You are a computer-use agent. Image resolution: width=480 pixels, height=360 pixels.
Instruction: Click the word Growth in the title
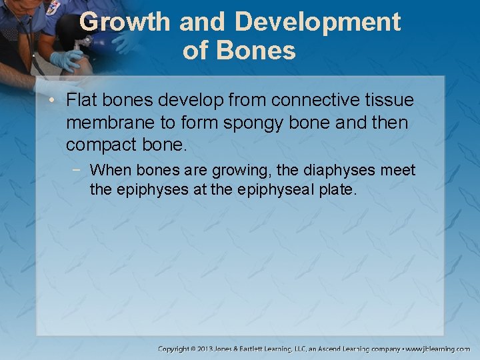125,22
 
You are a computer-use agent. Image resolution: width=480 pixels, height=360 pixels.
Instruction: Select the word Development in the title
318,22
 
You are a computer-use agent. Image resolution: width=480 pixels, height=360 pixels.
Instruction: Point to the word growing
237,171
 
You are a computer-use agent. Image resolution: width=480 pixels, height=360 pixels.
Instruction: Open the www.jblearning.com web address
439,349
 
